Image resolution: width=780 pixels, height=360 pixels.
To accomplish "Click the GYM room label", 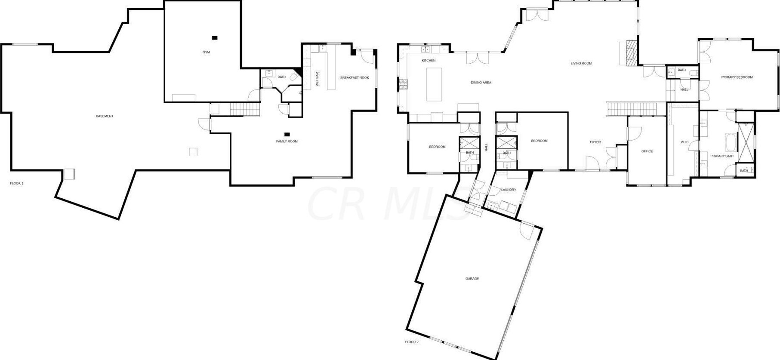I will (206, 52).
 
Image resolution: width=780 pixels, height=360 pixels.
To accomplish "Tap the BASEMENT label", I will (105, 116).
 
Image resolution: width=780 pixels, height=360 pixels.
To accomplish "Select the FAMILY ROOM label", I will (287, 142).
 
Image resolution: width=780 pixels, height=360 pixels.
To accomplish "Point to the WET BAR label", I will (318, 79).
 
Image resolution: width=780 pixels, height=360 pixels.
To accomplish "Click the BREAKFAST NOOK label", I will (355, 78).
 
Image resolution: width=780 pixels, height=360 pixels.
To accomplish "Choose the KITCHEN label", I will (429, 61).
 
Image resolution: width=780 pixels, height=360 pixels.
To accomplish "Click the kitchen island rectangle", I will (434, 84).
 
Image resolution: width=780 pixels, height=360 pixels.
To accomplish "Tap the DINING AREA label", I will (481, 83).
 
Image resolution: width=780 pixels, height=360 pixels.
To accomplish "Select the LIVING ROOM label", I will (581, 64).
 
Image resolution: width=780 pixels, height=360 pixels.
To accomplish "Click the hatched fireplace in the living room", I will (631, 53).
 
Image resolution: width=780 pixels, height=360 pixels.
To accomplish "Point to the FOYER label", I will (595, 142).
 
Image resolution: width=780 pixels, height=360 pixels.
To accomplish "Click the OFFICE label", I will (647, 151).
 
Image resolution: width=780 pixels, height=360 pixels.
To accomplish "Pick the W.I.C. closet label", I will (684, 142).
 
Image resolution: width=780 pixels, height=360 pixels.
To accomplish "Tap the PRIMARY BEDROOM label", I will (737, 77).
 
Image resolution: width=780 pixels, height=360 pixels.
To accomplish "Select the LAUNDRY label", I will (509, 190).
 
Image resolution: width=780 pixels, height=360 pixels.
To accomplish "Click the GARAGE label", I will (472, 279).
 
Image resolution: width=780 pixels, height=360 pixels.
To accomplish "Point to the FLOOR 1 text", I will (17, 184).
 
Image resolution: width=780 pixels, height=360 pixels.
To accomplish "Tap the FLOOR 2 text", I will (411, 342).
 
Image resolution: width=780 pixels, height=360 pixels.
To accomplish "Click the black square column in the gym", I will (215, 38).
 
